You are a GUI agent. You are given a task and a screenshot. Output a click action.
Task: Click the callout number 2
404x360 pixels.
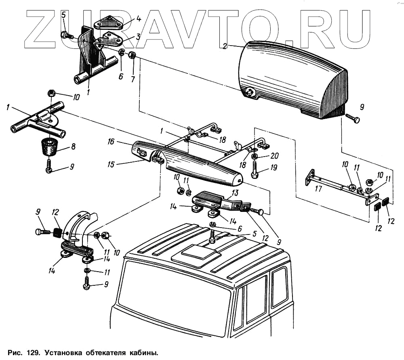pos(225,46)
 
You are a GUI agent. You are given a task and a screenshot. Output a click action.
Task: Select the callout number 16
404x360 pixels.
pos(110,142)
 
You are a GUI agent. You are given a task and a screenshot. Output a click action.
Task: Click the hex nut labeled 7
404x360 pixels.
pos(132,55)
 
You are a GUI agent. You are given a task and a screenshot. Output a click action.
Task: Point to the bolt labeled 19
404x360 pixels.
pos(255,170)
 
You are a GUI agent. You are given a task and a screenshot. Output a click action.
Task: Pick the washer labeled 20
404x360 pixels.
pos(255,156)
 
